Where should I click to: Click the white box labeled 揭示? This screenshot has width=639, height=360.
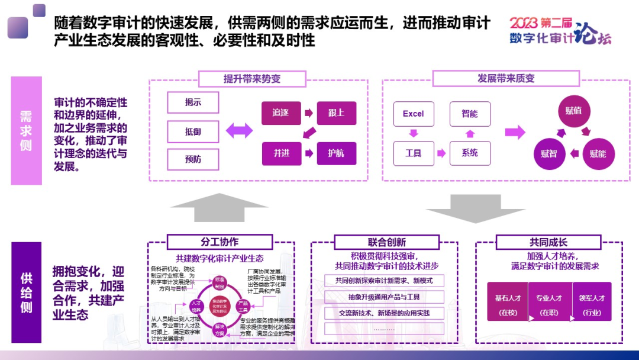pos(193,102)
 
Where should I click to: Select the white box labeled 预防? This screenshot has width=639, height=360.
pos(193,159)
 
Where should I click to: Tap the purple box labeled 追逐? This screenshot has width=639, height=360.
pos(280,113)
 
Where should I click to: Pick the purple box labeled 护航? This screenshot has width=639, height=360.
pos(336,153)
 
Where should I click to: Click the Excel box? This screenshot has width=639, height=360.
pos(413,114)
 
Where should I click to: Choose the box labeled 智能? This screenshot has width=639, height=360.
pos(470,114)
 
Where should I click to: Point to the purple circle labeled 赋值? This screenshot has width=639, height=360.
pos(573,111)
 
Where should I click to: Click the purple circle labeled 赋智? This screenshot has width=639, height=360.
pos(550,153)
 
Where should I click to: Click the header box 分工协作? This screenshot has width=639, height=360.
pos(219,242)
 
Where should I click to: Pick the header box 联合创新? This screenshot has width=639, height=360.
pos(386,242)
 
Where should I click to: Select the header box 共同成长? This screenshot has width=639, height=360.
pos(548,242)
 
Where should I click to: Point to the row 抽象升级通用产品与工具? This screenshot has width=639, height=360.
pos(383,297)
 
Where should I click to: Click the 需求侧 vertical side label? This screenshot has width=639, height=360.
pos(27,130)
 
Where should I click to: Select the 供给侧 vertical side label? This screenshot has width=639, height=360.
pos(27,292)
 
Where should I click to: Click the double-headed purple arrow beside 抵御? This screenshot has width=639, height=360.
pos(239,131)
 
